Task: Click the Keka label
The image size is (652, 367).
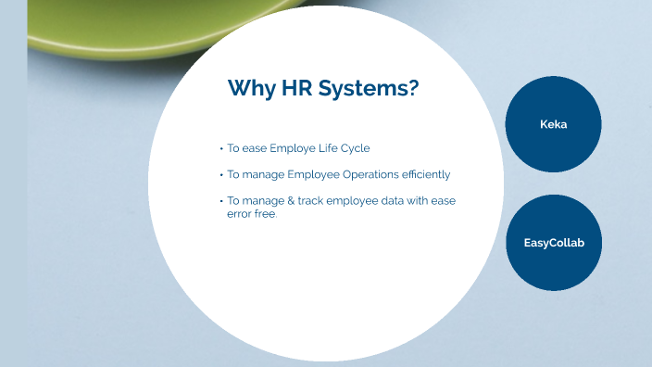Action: click(554, 124)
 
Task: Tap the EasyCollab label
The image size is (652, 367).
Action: click(554, 243)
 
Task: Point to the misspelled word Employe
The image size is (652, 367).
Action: click(291, 148)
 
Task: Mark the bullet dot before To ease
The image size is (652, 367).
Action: click(221, 148)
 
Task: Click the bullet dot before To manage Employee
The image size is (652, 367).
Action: click(221, 174)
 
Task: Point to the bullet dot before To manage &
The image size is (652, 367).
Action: click(221, 201)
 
